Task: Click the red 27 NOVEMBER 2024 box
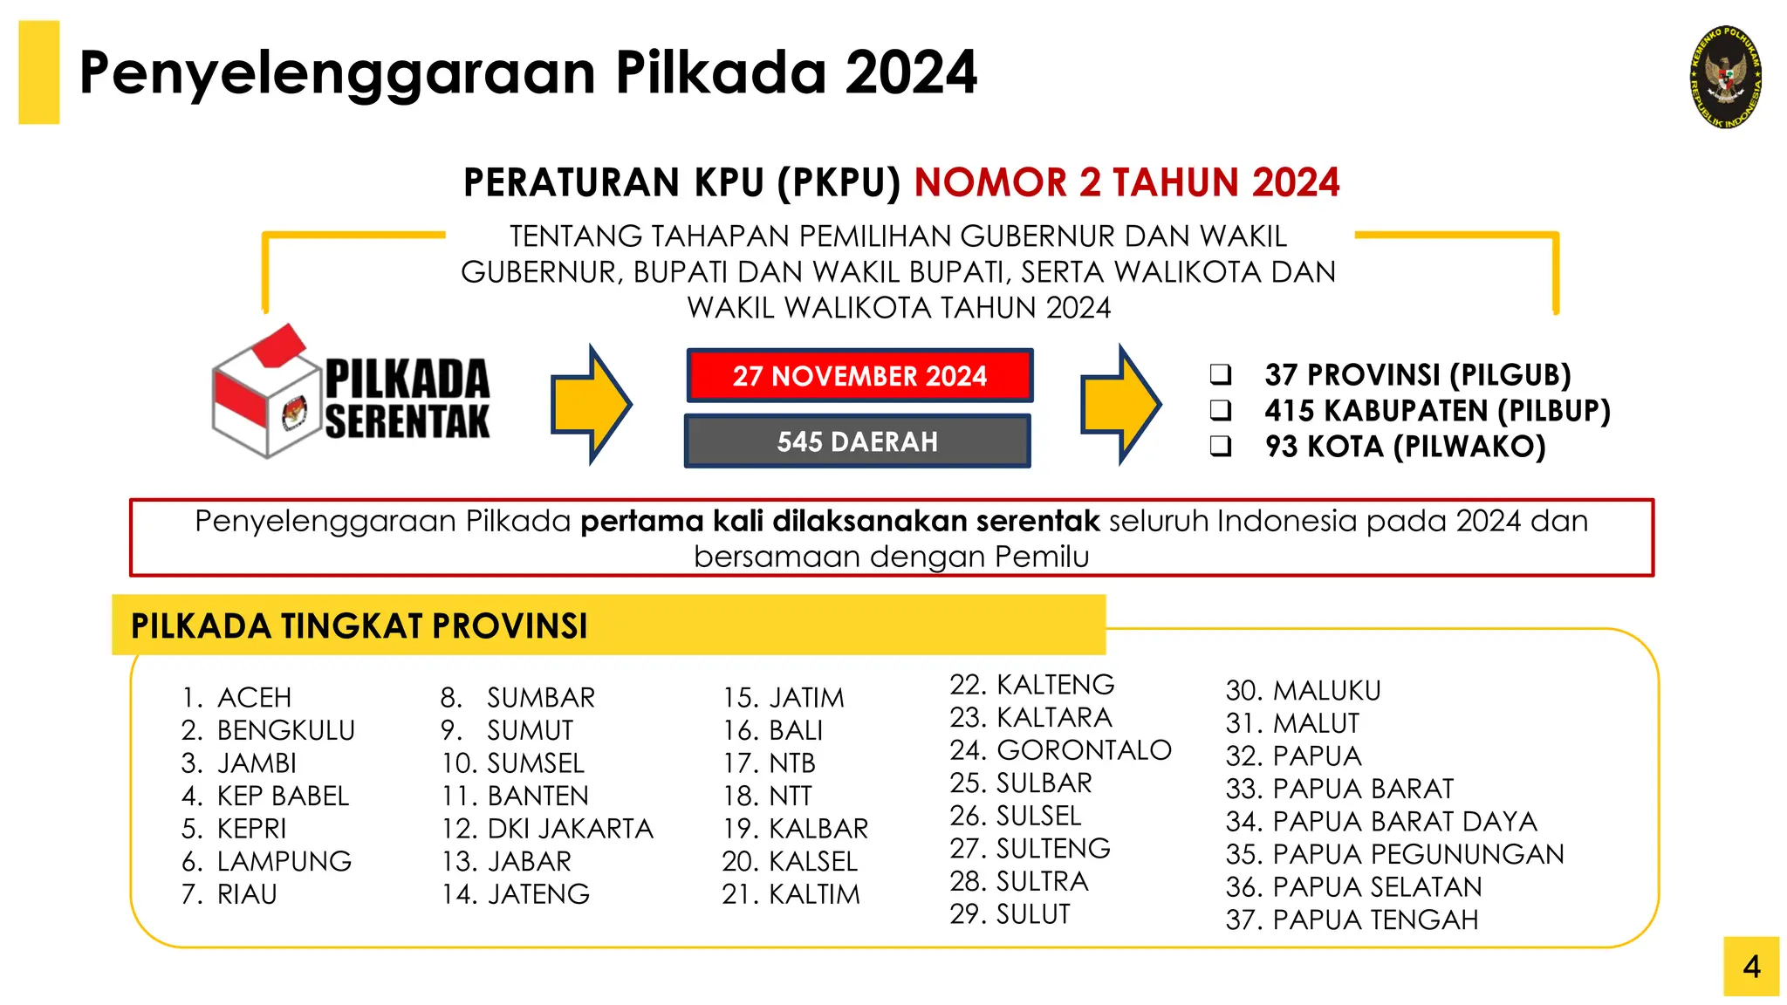pyautogui.click(x=859, y=376)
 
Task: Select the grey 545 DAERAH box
pyautogui.click(x=857, y=441)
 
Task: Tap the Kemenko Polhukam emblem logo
pyautogui.click(x=1726, y=77)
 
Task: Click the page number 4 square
pyautogui.click(x=1750, y=967)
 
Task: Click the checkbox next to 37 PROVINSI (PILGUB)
pyautogui.click(x=1221, y=374)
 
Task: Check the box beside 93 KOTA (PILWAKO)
pyautogui.click(x=1221, y=447)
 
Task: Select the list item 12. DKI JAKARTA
pyautogui.click(x=548, y=828)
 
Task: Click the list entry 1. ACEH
pyautogui.click(x=236, y=697)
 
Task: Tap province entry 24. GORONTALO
pyautogui.click(x=1060, y=749)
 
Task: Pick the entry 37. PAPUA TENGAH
pyautogui.click(x=1352, y=920)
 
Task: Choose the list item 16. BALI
pyautogui.click(x=772, y=730)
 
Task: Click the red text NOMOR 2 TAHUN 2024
pyautogui.click(x=1126, y=182)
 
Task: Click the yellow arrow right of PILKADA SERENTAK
pyautogui.click(x=591, y=404)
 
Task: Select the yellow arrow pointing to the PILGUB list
pyautogui.click(x=1120, y=404)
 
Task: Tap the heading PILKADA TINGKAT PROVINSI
pyautogui.click(x=359, y=626)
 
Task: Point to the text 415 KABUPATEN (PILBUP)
pyautogui.click(x=1437, y=410)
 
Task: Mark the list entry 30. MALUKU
pyautogui.click(x=1303, y=690)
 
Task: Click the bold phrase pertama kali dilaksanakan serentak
pyautogui.click(x=839, y=521)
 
